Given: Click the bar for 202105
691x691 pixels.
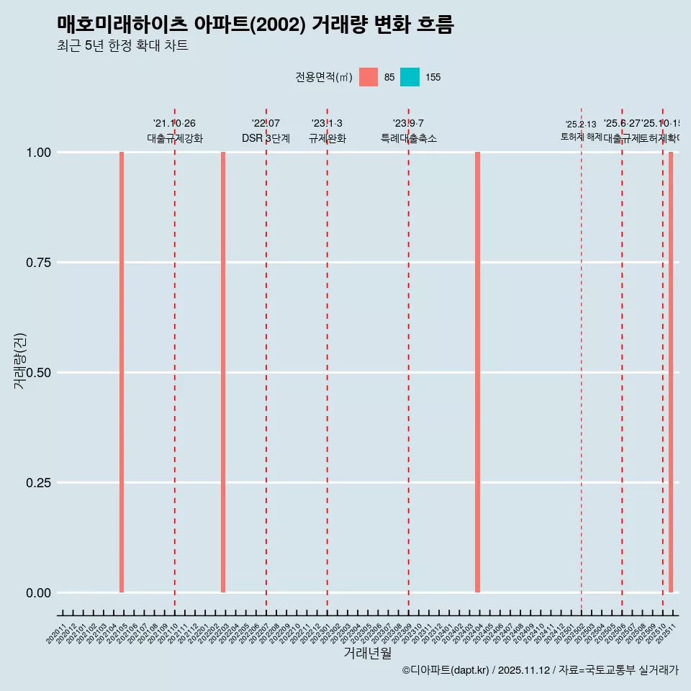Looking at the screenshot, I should [x=122, y=372].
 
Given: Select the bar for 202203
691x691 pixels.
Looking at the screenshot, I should [x=223, y=372].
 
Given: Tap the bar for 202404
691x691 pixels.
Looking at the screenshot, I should [x=477, y=372].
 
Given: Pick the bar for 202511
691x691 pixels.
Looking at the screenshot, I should [x=671, y=372].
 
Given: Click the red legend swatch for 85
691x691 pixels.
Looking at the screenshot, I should [x=369, y=77].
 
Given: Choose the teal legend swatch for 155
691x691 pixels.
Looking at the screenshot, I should [x=410, y=77].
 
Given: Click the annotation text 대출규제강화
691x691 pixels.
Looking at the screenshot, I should [x=175, y=138].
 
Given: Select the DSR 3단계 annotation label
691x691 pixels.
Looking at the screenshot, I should [x=266, y=138].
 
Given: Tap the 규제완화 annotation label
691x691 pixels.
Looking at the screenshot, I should [x=328, y=138].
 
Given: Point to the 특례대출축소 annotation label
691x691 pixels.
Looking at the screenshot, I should [x=409, y=138].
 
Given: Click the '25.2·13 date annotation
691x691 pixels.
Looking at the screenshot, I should [x=581, y=124].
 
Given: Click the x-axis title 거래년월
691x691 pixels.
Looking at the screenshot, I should [x=367, y=653].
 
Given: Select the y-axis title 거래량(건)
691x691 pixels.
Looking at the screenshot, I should [x=19, y=361].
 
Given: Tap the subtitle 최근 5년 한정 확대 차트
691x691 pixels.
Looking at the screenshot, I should [x=122, y=46].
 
